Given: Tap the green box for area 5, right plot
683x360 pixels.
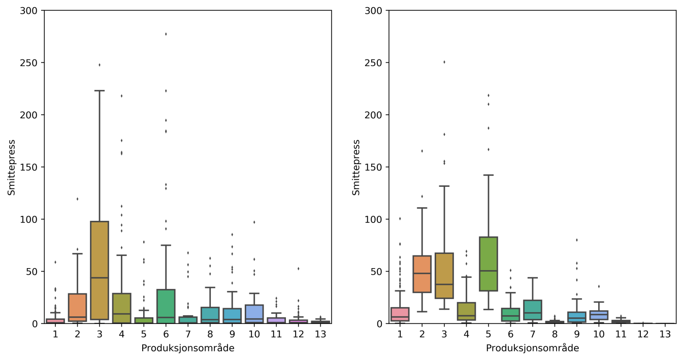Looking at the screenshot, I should pyautogui.click(x=488, y=264).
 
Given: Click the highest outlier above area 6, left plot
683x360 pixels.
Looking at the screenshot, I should pyautogui.click(x=166, y=34).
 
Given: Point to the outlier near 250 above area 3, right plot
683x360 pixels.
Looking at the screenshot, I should pyautogui.click(x=444, y=62).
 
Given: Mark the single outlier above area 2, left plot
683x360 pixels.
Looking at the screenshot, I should pyautogui.click(x=77, y=199).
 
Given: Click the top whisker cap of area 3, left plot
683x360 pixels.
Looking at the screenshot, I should pyautogui.click(x=100, y=91).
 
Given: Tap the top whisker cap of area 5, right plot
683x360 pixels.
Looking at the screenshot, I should pyautogui.click(x=488, y=175).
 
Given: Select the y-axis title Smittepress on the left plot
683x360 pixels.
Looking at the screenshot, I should pyautogui.click(x=11, y=167).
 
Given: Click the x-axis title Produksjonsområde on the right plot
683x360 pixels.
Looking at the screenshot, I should pyautogui.click(x=532, y=348).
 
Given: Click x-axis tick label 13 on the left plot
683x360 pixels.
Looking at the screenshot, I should pyautogui.click(x=320, y=334).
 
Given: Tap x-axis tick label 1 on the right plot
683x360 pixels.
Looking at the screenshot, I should pyautogui.click(x=400, y=334).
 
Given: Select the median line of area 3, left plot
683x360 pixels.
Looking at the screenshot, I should pyautogui.click(x=100, y=278).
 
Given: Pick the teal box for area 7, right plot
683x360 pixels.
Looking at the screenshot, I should pyautogui.click(x=532, y=310).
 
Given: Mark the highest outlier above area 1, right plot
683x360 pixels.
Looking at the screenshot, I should pyautogui.click(x=400, y=219).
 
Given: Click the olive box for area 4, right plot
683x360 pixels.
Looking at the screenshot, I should pyautogui.click(x=466, y=311).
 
